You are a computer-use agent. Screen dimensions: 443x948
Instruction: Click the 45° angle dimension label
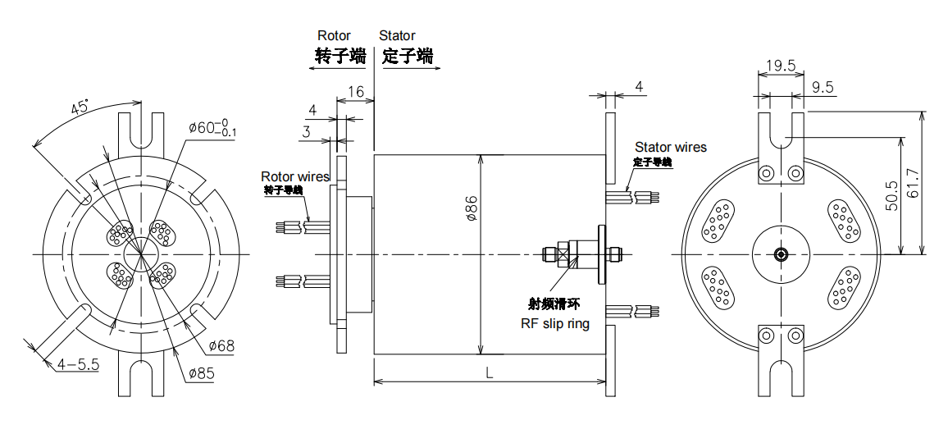pyautogui.click(x=80, y=108)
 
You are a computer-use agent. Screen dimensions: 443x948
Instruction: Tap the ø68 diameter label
pyautogui.click(x=221, y=345)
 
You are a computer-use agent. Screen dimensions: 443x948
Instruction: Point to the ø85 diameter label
pyautogui.click(x=201, y=374)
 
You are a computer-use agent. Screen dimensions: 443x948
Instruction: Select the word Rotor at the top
pyautogui.click(x=334, y=36)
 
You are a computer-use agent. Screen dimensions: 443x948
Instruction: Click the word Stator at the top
pyautogui.click(x=397, y=36)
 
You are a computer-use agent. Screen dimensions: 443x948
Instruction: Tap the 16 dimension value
pyautogui.click(x=355, y=91)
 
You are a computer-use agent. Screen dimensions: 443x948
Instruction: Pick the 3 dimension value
pyautogui.click(x=306, y=131)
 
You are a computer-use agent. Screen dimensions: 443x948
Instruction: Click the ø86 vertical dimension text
pyautogui.click(x=472, y=210)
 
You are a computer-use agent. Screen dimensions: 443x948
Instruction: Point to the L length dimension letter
pyautogui.click(x=489, y=372)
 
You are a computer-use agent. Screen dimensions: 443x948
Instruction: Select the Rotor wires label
pyautogui.click(x=295, y=176)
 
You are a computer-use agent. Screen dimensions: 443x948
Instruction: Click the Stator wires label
pyautogui.click(x=670, y=147)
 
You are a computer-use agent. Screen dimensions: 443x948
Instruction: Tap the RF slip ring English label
pyautogui.click(x=555, y=323)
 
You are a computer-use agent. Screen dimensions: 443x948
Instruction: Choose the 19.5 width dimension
pyautogui.click(x=781, y=66)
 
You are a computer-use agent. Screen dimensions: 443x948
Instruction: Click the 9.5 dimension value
pyautogui.click(x=823, y=86)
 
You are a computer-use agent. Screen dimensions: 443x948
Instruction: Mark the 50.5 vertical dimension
pyautogui.click(x=892, y=196)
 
